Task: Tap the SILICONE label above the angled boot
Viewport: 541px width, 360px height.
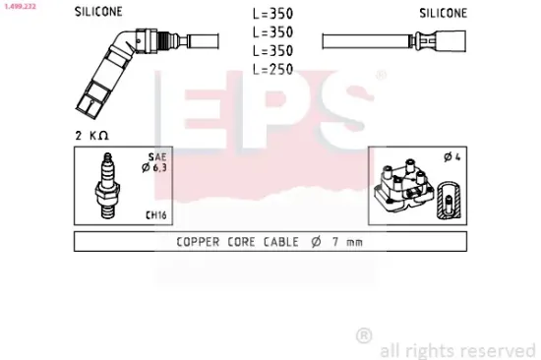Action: pos(99,14)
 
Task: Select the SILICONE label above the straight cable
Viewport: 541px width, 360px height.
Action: pos(443,14)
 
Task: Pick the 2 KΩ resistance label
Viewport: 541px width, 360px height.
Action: pos(90,133)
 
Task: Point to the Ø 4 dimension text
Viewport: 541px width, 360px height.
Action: pos(453,156)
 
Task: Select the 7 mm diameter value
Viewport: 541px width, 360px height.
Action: pos(347,241)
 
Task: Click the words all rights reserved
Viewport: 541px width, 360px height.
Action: pos(458,349)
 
